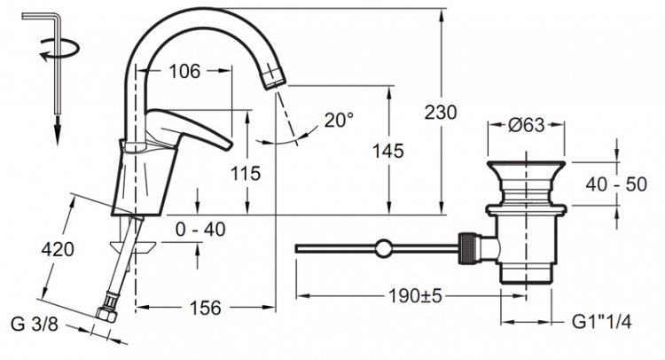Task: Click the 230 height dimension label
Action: click(441, 113)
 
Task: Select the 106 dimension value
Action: click(184, 71)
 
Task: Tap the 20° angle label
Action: click(339, 120)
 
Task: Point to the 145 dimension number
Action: click(388, 151)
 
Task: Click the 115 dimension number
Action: click(246, 173)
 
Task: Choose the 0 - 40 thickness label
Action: click(200, 230)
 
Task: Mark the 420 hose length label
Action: click(58, 249)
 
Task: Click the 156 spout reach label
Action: click(206, 308)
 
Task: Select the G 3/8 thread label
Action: click(34, 325)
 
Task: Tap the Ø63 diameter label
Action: click(527, 125)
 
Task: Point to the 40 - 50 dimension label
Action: click(616, 184)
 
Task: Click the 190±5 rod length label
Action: click(415, 296)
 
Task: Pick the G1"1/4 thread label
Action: click(602, 322)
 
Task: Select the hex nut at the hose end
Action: click(106, 314)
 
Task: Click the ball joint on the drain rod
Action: click(383, 248)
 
